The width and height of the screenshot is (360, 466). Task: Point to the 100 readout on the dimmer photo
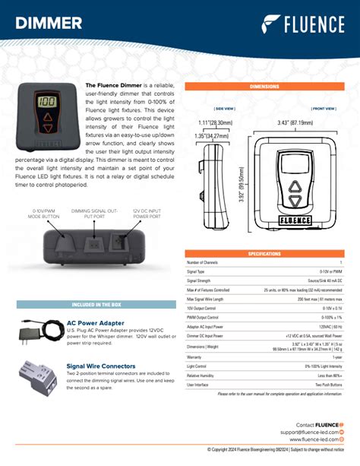tap(48, 102)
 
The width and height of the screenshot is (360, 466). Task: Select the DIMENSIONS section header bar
tap(265, 87)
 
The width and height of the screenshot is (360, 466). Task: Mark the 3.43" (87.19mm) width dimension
tap(292, 123)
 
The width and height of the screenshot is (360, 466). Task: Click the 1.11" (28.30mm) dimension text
tap(215, 122)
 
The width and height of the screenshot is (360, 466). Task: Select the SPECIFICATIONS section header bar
tap(265, 253)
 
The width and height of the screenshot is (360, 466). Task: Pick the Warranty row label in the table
tap(194, 356)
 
